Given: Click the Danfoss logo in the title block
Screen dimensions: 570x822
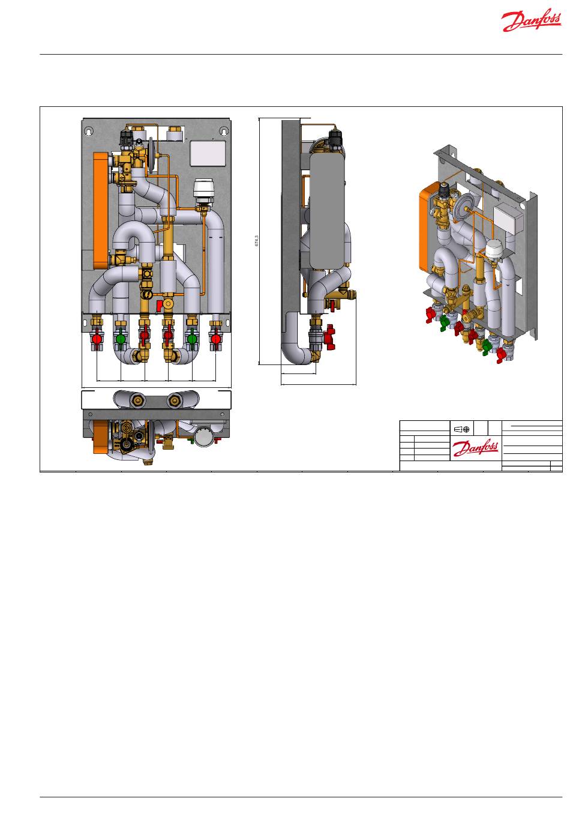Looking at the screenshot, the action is [x=475, y=448].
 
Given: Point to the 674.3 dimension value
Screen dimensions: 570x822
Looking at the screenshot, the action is [x=257, y=241].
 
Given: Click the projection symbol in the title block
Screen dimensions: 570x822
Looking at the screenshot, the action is [x=461, y=429].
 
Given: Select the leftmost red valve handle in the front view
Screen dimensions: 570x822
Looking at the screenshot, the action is [x=97, y=338].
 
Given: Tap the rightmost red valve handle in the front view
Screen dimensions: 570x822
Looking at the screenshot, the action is [x=216, y=338].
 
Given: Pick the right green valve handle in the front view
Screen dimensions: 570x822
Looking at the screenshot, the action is [x=192, y=338].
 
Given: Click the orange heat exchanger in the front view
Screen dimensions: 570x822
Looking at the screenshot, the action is [x=100, y=211].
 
